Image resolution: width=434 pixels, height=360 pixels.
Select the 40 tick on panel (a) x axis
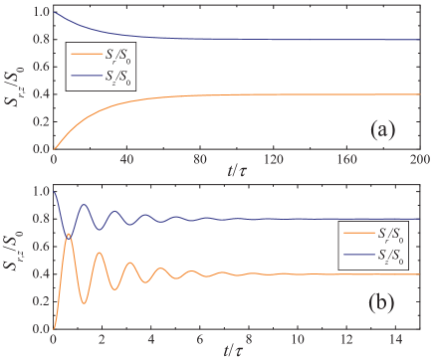click(125, 159)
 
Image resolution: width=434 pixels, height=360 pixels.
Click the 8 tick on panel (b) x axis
click(246, 338)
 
